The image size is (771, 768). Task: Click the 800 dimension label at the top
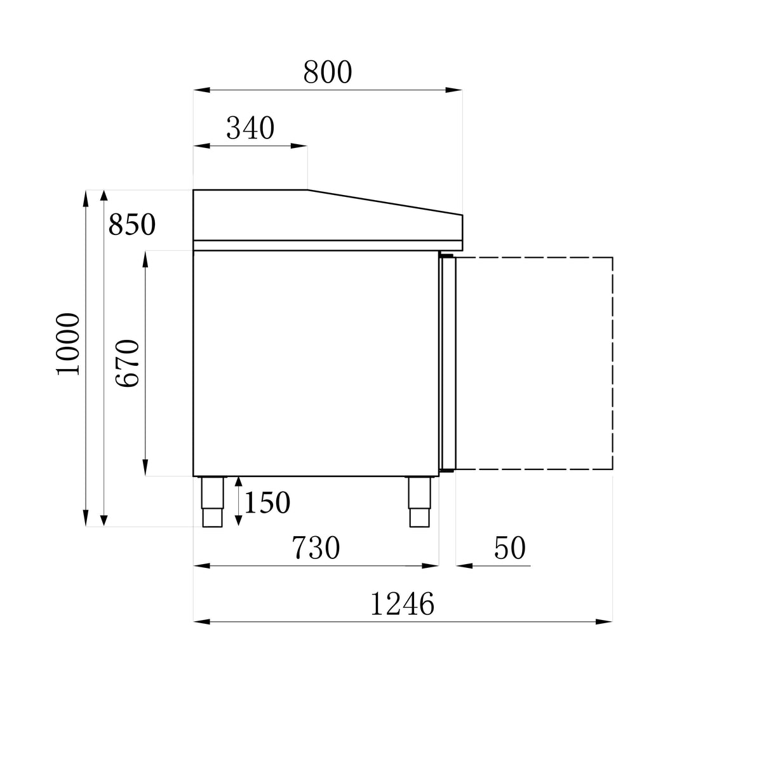pyautogui.click(x=327, y=72)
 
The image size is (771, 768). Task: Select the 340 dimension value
pyautogui.click(x=250, y=128)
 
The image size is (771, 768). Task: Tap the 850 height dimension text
pyautogui.click(x=131, y=224)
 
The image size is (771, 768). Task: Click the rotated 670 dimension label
pyautogui.click(x=128, y=363)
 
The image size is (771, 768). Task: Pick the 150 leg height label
pyautogui.click(x=267, y=503)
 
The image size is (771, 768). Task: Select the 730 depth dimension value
pyautogui.click(x=316, y=548)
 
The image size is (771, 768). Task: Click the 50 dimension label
pyautogui.click(x=509, y=548)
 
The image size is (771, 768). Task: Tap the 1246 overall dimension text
pyautogui.click(x=402, y=604)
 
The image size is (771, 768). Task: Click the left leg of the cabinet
pyautogui.click(x=212, y=501)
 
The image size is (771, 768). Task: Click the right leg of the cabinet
pyautogui.click(x=419, y=501)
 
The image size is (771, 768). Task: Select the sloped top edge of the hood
pyautogui.click(x=385, y=203)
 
